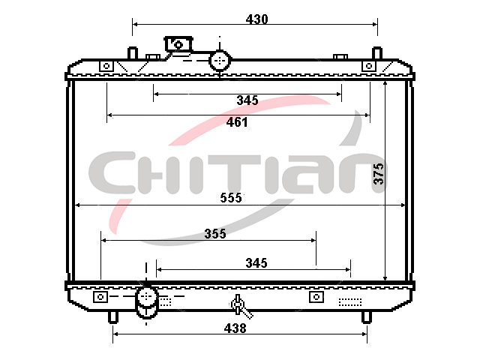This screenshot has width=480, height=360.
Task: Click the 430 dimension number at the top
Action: (256, 19)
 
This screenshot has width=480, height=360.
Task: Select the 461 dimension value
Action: (237, 122)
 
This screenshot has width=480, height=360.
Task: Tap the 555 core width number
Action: (231, 198)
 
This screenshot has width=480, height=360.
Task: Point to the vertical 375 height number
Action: (378, 173)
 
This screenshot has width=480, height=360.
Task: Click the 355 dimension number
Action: (215, 234)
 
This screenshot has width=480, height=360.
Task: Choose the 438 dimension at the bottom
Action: (235, 328)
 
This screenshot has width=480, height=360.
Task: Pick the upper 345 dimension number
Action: (247, 100)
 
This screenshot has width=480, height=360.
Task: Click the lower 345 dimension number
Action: (256, 263)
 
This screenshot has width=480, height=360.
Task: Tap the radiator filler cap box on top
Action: (178, 44)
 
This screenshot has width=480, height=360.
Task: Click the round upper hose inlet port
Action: (220, 61)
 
